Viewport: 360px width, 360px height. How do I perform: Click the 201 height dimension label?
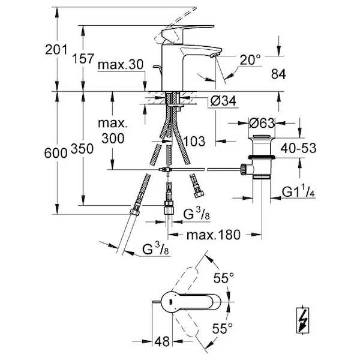pos(56,50)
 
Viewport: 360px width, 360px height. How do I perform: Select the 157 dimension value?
pos(83,59)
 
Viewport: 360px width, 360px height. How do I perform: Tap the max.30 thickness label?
pos(121,65)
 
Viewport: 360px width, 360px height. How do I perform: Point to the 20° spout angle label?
pos(250,59)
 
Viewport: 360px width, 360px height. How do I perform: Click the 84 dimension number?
pos(278,74)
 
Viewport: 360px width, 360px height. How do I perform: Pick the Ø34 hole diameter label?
pos(223,101)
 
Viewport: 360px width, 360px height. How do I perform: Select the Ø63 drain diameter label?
pos(262,123)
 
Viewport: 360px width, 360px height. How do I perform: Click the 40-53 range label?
pos(298,148)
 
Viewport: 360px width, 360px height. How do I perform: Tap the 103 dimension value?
pos(194,141)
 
